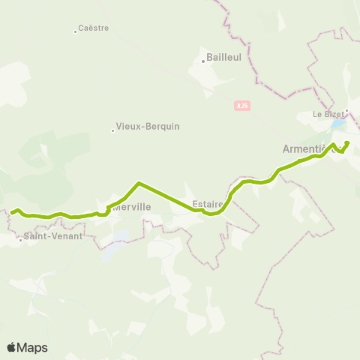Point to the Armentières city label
pos(307,148)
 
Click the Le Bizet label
pos(327,115)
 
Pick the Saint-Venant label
pos(53,235)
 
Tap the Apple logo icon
pos(11,347)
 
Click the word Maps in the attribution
pos(32,347)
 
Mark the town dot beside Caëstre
pos(76,31)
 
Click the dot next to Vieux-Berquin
pos(112,130)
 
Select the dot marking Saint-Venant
pos(20,240)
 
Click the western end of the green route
pos(10,212)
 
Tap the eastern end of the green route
pos(348,142)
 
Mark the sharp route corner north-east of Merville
pos(139,183)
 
